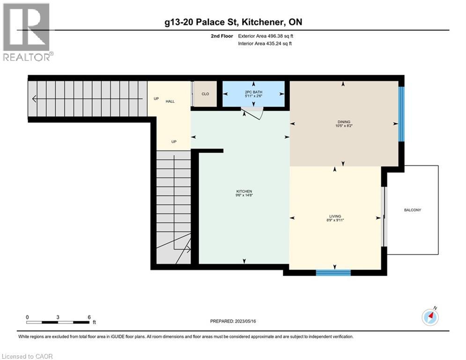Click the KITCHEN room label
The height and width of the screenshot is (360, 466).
(x=244, y=191)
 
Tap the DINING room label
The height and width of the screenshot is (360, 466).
(x=344, y=122)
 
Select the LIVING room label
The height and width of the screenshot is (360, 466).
(x=335, y=216)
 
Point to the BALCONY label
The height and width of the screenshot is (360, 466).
(x=413, y=210)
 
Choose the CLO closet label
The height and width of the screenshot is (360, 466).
(x=205, y=94)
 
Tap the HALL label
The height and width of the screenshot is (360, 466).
(x=170, y=101)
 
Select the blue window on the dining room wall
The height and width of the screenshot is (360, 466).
(x=401, y=114)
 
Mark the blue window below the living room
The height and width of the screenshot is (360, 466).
(x=333, y=273)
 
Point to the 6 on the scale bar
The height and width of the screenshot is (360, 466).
(x=89, y=317)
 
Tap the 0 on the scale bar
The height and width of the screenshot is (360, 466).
(x=27, y=317)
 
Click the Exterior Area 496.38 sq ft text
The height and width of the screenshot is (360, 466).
(x=266, y=36)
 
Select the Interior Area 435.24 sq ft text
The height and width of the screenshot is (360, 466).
(x=266, y=44)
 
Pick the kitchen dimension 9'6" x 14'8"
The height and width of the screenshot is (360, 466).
(x=244, y=195)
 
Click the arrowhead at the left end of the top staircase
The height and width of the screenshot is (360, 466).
(x=34, y=99)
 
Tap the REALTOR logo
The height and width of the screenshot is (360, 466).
(x=27, y=32)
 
